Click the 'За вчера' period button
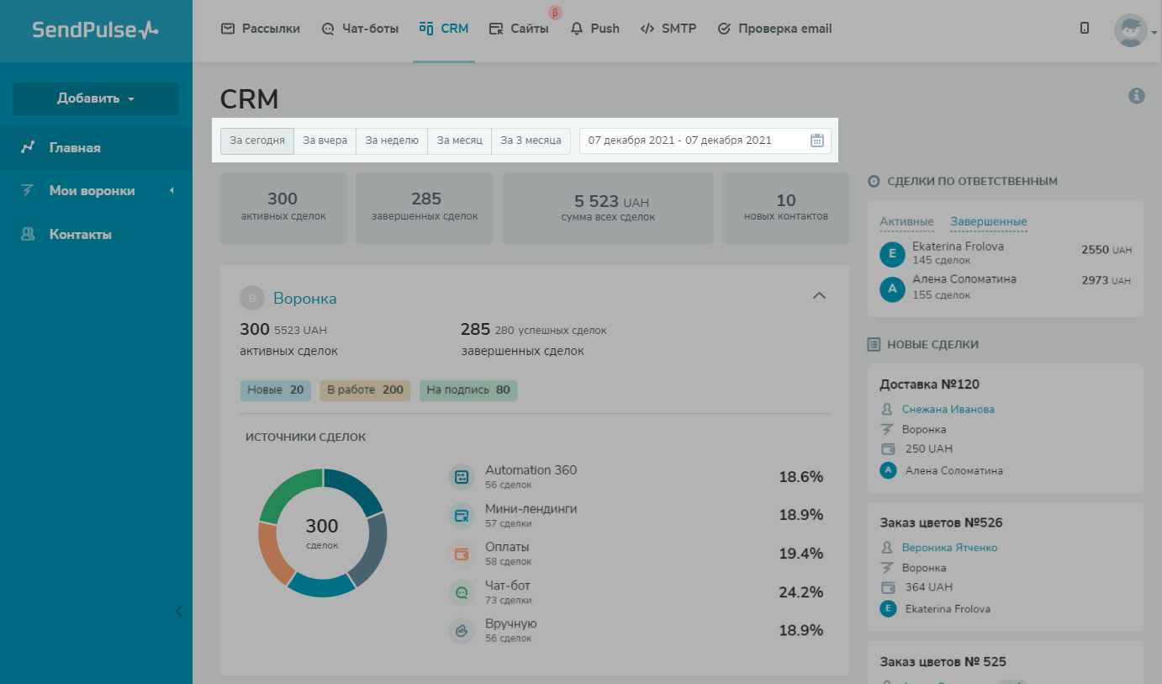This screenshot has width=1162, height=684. coord(325,141)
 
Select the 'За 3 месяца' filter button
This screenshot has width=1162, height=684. coord(531,141)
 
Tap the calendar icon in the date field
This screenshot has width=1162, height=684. coord(816,141)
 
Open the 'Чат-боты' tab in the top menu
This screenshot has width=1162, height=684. coord(361,29)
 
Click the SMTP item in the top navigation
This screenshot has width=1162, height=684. coord(668,29)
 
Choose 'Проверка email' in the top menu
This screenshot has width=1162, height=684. coord(774,29)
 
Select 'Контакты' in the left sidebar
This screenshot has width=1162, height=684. coord(80,235)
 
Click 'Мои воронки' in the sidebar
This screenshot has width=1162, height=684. coord(92,191)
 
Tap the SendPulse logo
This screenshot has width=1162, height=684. coord(95,30)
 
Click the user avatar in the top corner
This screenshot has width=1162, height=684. coord(1130,29)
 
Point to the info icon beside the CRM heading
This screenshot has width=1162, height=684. coord(1136,96)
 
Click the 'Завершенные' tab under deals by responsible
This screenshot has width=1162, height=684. coord(989,222)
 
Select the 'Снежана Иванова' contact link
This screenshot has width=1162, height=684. coord(948,409)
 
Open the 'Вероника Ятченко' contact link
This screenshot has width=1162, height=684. coord(949,547)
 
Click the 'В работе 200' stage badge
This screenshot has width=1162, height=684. coord(365,390)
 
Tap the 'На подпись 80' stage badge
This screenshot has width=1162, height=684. coord(468,390)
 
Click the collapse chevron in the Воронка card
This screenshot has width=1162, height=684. coord(819,295)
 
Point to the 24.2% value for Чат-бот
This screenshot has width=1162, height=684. coord(800,592)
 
